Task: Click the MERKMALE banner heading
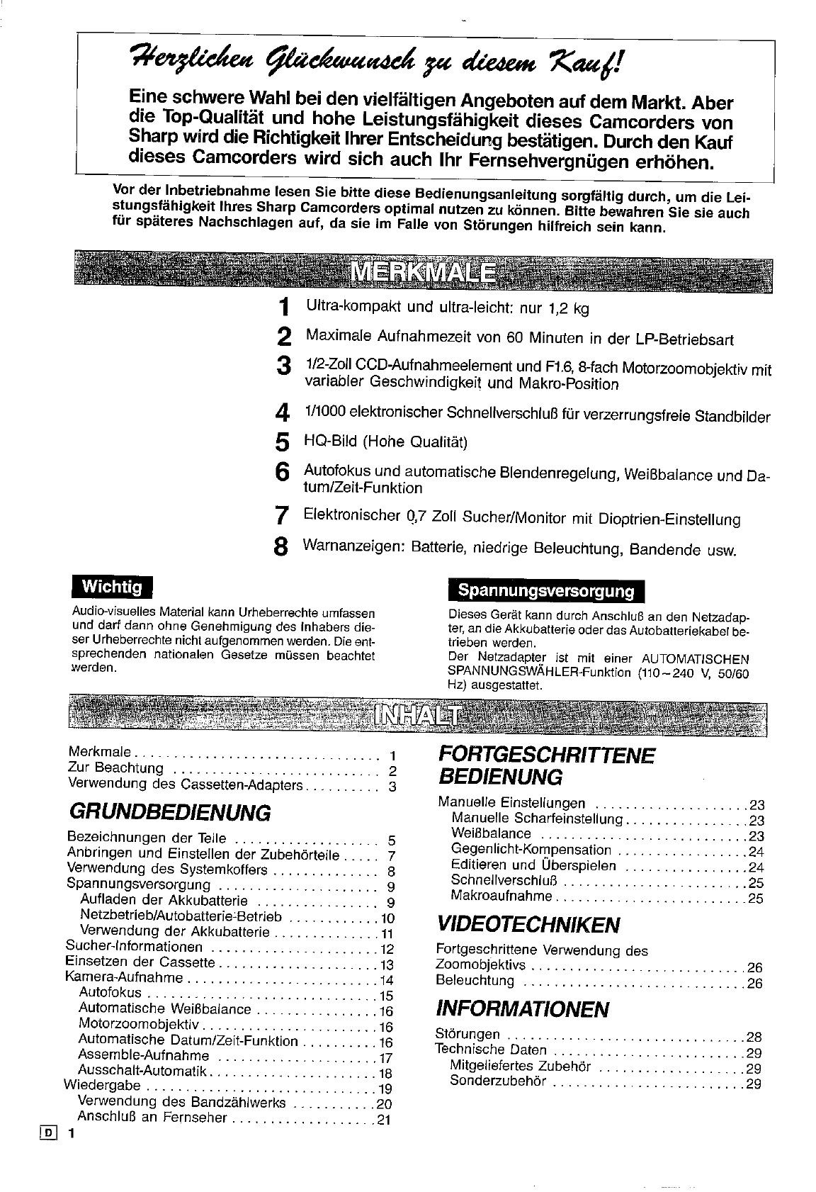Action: pos(423,271)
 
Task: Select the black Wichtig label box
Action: pos(113,587)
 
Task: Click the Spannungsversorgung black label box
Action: pos(545,591)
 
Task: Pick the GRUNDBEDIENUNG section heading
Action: pos(170,812)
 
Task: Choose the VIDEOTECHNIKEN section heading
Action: pos(529,924)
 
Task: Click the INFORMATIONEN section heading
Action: pos(523,1008)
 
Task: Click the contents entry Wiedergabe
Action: pos(102,1086)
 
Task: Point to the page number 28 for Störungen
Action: pos(753,1037)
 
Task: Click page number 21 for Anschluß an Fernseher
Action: pos(383,1120)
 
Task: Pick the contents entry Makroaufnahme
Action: pos(501,896)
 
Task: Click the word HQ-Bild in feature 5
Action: pos(331,442)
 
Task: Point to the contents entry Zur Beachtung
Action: pos(115,768)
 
